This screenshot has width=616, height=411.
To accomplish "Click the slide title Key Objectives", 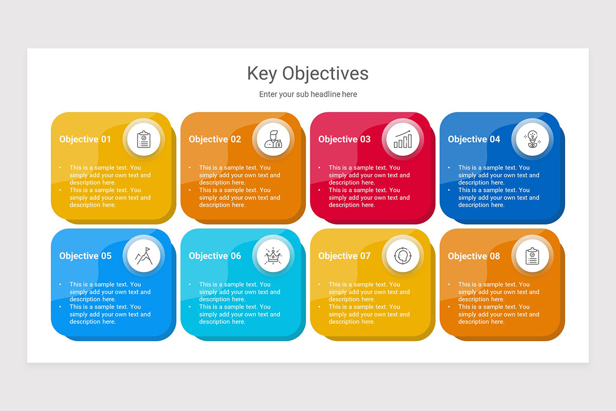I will (307, 73).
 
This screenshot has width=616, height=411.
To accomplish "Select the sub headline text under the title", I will (307, 95).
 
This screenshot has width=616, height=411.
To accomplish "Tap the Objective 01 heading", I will (85, 139).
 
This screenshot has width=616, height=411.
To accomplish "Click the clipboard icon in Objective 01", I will (144, 139).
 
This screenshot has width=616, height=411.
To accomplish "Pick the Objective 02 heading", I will (215, 139).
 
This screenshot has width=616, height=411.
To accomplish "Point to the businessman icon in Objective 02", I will (273, 139).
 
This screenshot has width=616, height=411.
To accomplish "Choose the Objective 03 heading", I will (344, 139).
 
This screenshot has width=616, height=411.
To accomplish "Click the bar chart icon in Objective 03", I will (403, 139).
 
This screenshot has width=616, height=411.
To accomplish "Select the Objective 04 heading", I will (474, 139).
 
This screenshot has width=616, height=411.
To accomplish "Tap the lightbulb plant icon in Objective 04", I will (532, 139).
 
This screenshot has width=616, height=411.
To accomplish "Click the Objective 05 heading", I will (85, 256).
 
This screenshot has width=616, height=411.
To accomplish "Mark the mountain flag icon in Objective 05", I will (144, 256).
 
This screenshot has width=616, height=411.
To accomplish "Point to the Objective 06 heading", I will (215, 256).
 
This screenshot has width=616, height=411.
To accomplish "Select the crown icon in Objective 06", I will (273, 256).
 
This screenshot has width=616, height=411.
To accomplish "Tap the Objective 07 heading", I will (344, 256).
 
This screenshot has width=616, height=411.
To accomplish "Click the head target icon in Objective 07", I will (403, 256).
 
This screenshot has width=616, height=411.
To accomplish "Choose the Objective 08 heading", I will (474, 256).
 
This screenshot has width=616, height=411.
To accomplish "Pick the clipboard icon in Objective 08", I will (532, 256).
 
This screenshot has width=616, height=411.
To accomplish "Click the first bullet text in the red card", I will (369, 175).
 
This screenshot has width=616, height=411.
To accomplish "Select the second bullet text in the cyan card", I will (239, 314).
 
